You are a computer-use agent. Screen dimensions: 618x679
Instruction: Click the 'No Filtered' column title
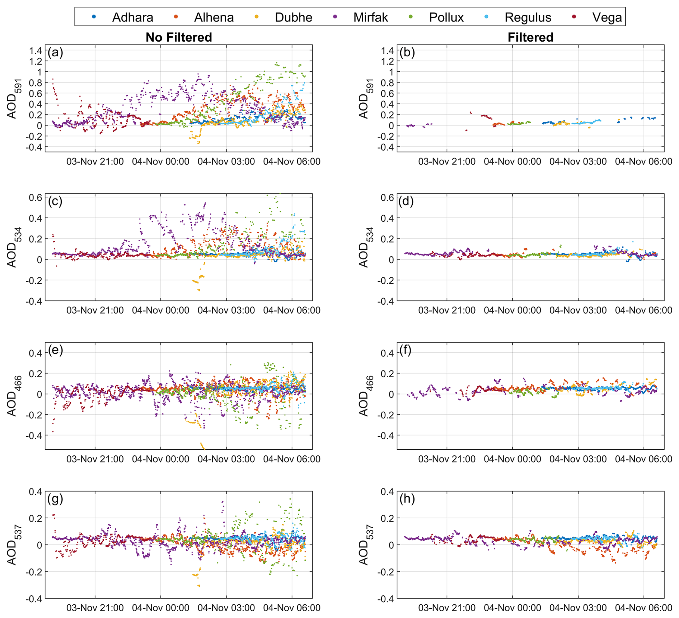[179, 37]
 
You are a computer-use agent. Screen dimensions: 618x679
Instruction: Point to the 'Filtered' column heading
[530, 37]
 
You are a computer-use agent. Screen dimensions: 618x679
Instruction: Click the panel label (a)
[55, 53]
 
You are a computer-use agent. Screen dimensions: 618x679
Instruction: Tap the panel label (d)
[406, 201]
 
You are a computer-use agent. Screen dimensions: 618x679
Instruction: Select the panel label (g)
[55, 499]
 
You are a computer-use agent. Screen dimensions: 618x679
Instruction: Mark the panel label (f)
[406, 350]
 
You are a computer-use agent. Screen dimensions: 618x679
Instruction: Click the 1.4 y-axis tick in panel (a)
[36, 51]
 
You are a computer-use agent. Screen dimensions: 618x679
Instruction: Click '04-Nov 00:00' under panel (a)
[160, 161]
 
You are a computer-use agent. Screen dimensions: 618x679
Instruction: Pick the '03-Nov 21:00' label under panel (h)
[446, 608]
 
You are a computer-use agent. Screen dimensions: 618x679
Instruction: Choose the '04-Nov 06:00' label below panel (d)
[643, 310]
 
